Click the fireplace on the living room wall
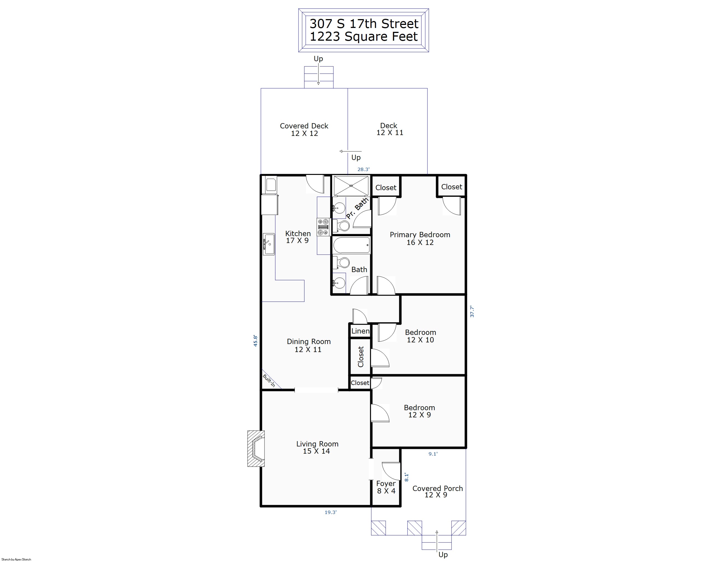tap(256, 448)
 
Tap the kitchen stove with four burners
tap(323, 227)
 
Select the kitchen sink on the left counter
tap(269, 244)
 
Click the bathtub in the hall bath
tap(351, 245)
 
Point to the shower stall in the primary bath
tap(351, 186)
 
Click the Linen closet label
tap(360, 331)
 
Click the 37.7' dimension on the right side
tap(472, 311)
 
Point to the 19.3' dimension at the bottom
tap(330, 512)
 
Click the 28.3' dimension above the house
tap(363, 169)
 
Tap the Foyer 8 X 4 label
tap(386, 487)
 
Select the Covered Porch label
tap(438, 488)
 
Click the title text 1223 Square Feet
tap(364, 37)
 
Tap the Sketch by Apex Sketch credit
tap(16, 559)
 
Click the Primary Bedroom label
tap(420, 234)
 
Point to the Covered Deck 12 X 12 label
tap(304, 130)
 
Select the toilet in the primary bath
tap(341, 225)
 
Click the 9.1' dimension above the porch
tap(433, 454)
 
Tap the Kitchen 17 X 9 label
tap(298, 237)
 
